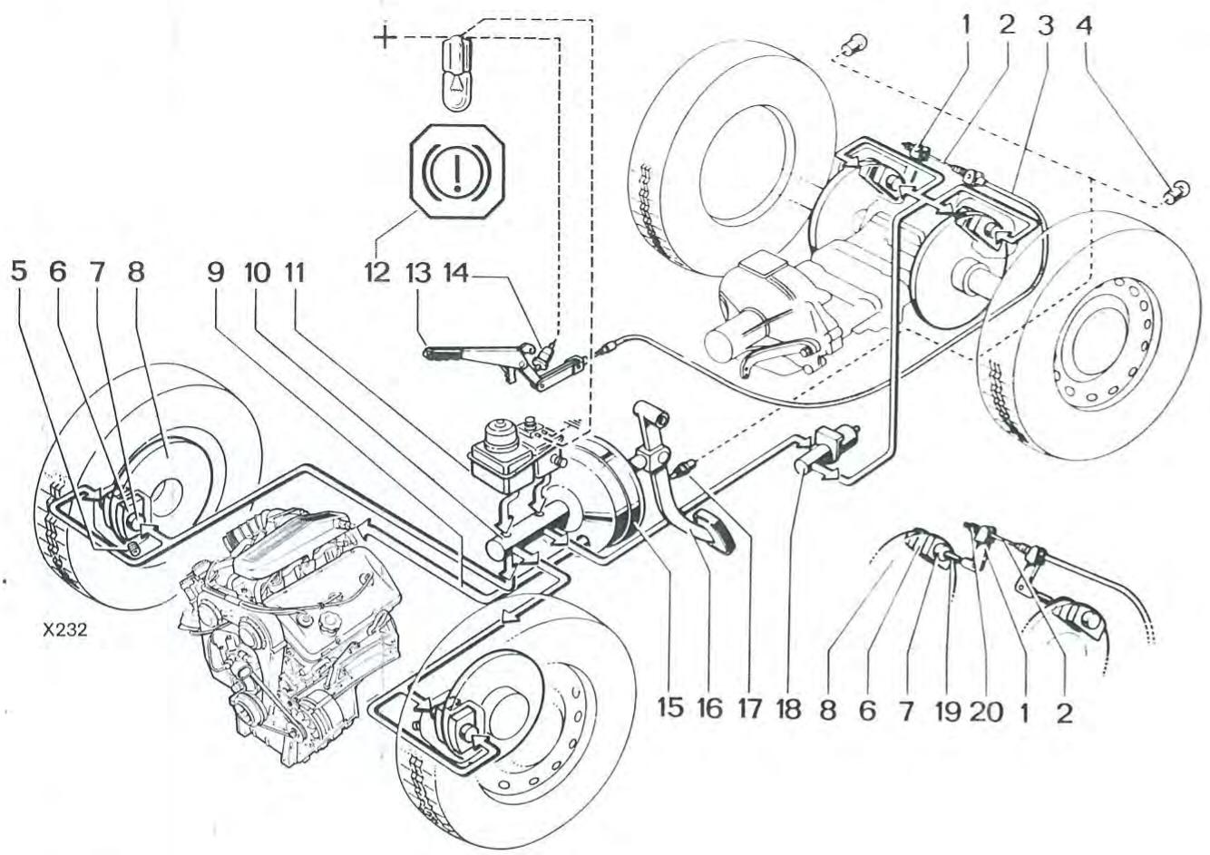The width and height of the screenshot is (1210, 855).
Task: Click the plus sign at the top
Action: tap(386, 37)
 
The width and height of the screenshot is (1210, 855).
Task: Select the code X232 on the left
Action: tap(63, 630)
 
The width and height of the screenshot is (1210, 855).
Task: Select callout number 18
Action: tap(789, 708)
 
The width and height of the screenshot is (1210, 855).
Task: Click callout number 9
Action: tap(215, 273)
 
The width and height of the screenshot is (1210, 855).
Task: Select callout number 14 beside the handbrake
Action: tap(456, 273)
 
